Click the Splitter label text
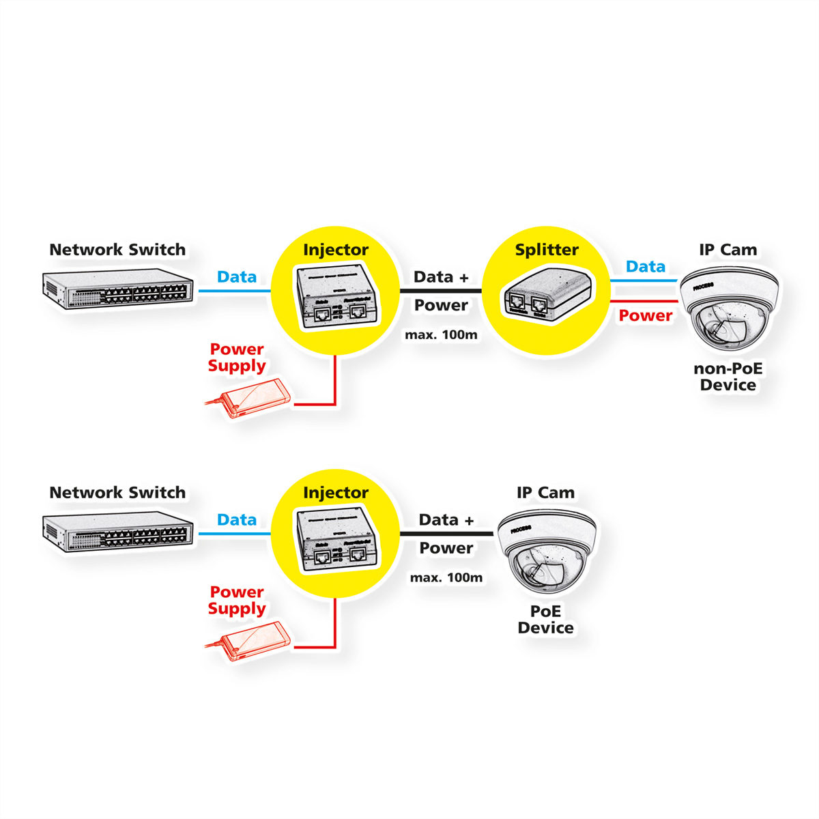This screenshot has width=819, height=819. pos(547,250)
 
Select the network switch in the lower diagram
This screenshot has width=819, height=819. pos(117,532)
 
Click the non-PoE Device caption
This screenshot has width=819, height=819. pos(728,377)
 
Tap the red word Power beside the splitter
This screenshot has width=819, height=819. pos(645,315)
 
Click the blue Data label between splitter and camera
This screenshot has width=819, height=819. pos(645,267)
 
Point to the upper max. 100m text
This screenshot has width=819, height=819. pos(441,335)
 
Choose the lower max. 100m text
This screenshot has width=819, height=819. pos(446,578)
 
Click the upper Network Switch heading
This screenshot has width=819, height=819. pos(117,250)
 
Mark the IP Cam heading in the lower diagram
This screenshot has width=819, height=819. pos(545,493)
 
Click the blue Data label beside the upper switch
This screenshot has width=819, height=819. pos(236,277)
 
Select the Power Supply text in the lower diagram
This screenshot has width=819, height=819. pos(237,601)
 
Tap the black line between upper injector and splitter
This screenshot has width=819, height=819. pos(441,291)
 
